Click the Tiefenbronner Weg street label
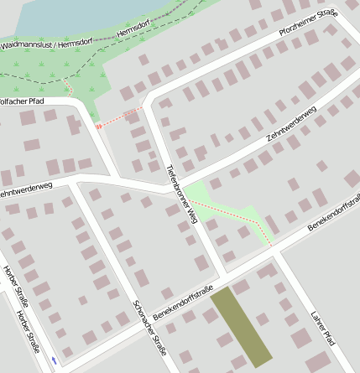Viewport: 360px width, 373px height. pos(180,193)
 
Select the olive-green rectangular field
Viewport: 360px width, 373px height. pos(242,326)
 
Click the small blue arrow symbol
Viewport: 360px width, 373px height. pos(55,360)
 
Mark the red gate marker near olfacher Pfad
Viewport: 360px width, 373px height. pos(99,126)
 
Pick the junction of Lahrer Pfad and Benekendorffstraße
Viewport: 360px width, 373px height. pos(277,250)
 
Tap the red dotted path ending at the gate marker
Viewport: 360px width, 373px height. pos(122,116)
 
